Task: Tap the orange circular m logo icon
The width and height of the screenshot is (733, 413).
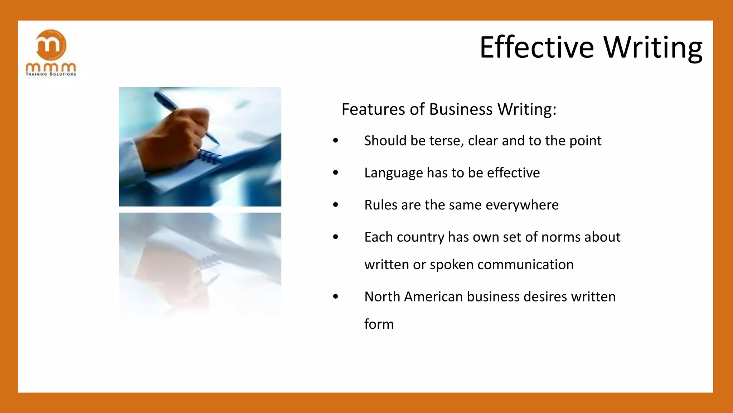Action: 51,45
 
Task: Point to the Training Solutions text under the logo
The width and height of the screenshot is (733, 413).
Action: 51,74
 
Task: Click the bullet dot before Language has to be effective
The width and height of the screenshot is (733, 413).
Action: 335,173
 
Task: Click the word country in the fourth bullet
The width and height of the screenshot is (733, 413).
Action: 420,237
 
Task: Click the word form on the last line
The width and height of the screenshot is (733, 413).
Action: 379,324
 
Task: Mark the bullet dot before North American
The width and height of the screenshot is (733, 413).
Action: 335,296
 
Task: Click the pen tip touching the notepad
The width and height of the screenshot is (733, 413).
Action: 217,143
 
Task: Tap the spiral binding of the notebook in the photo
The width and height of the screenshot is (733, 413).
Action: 209,157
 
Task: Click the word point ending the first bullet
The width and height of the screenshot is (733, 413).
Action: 585,141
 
